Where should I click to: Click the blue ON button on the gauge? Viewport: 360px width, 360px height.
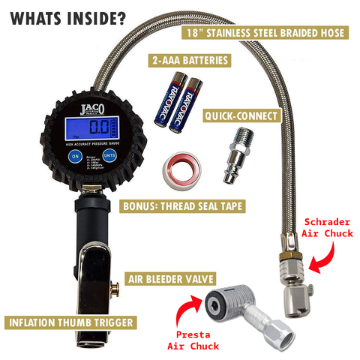pyautogui.click(x=74, y=157)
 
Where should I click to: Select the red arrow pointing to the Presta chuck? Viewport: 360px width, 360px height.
pyautogui.click(x=188, y=307)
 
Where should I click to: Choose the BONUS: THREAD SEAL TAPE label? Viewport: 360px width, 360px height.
pyautogui.click(x=180, y=205)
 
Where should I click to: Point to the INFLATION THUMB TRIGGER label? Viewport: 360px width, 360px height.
pyautogui.click(x=72, y=322)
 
